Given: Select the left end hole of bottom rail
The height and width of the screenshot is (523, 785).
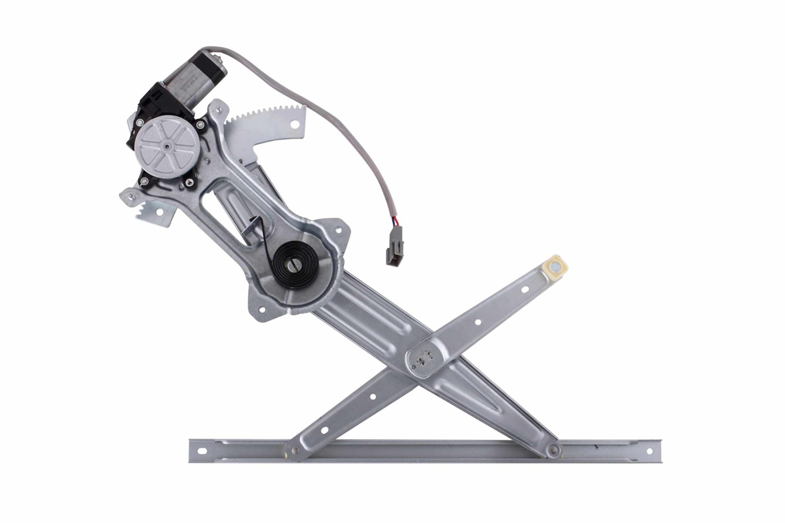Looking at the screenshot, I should pyautogui.click(x=202, y=451).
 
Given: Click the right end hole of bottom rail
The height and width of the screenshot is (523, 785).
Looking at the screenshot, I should pyautogui.click(x=649, y=451).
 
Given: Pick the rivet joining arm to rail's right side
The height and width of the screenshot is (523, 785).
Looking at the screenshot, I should pyautogui.click(x=554, y=450).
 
